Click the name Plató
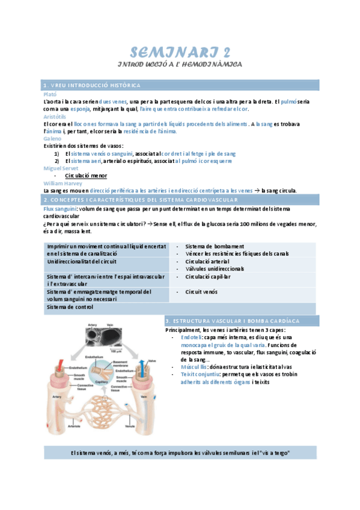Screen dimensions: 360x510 pyautogui.click(x=51, y=94)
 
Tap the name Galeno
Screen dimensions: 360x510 pyautogui.click(x=53, y=138)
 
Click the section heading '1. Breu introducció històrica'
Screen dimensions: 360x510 pyautogui.click(x=92, y=85)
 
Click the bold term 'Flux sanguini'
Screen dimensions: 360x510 pyautogui.click(x=59, y=208)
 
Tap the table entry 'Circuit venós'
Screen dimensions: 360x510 pyautogui.click(x=202, y=292)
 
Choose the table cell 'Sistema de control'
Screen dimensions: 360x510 pyautogui.click(x=70, y=307)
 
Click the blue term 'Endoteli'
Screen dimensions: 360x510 pyautogui.click(x=192, y=337)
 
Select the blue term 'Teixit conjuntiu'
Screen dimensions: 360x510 pyautogui.click(x=198, y=374)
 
